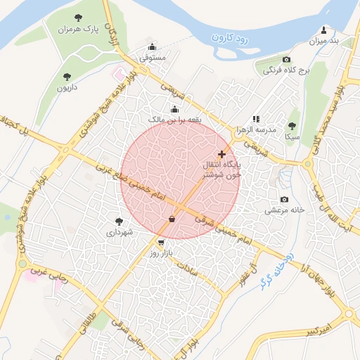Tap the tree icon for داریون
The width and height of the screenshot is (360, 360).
(67, 76)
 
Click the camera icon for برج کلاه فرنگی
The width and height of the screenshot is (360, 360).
(286, 60)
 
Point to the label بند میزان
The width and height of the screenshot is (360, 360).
(324, 41)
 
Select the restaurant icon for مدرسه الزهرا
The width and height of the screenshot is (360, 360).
(256, 119)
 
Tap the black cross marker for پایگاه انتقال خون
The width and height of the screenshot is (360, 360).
(222, 153)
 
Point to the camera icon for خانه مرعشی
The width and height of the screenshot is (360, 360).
(284, 200)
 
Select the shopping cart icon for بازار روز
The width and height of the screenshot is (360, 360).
(162, 241)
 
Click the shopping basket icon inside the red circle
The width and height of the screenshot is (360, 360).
(172, 219)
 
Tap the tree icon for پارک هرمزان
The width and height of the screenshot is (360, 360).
(77, 17)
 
